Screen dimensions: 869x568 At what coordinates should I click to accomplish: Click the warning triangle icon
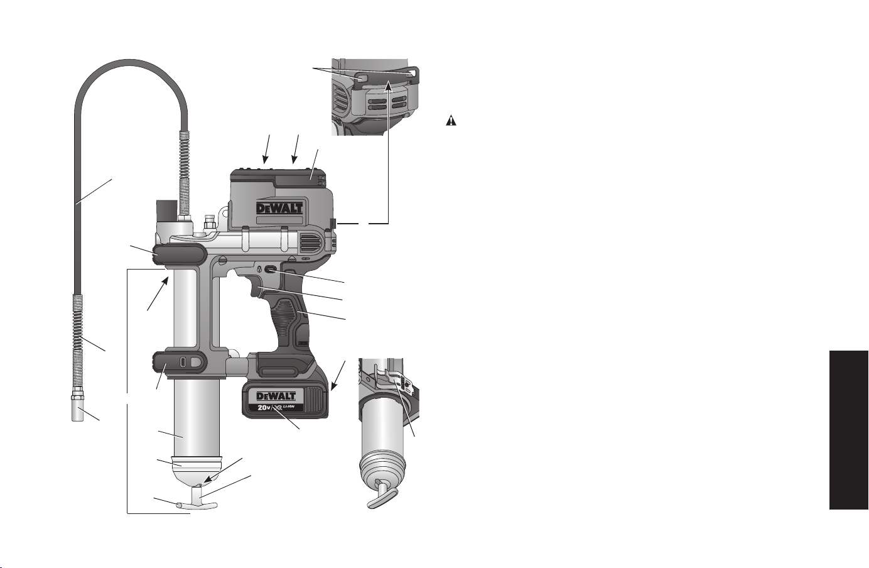(451, 121)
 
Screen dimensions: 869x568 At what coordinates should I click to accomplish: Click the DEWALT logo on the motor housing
(279, 208)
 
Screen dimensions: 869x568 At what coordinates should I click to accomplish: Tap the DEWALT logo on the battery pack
(276, 396)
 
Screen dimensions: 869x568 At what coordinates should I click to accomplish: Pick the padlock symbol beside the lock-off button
(259, 268)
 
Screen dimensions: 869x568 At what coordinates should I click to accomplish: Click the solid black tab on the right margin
(849, 430)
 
